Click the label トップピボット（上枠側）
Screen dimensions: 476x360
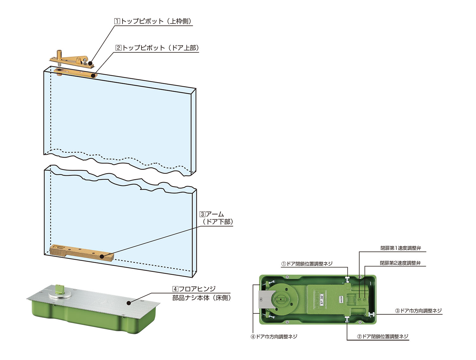[x=153, y=21]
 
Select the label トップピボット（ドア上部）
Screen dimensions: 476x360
[x=157, y=48]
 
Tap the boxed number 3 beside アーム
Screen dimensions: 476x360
[x=202, y=214]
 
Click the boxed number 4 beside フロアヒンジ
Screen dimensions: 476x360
[x=175, y=289]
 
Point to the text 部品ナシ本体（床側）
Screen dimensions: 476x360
[x=202, y=298]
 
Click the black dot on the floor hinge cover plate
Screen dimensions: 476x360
[x=129, y=303]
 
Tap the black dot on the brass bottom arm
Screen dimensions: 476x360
[x=102, y=257]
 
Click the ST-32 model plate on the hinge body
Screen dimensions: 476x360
[x=322, y=300]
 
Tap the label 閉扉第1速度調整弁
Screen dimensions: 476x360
[x=400, y=248]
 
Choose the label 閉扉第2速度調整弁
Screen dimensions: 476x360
[x=400, y=263]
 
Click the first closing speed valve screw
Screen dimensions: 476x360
[x=359, y=299]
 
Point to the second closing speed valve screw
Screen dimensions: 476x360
[x=365, y=299]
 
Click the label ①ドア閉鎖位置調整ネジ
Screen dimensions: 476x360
[x=307, y=264]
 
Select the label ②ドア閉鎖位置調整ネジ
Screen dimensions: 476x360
[x=383, y=336]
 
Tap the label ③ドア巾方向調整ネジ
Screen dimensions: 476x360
[x=418, y=311]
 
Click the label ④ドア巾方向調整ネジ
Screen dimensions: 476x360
[x=274, y=337]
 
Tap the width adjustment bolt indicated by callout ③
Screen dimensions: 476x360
[x=371, y=314]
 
